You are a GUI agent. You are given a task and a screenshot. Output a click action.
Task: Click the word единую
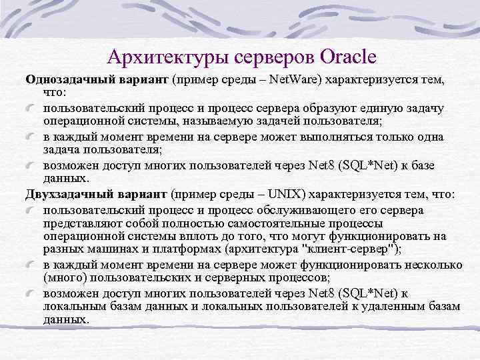pyautogui.click(x=353, y=108)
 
